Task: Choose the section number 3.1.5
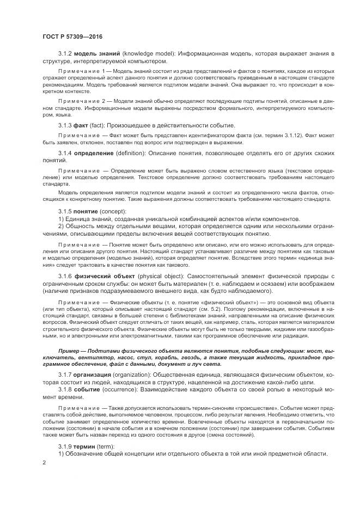click(x=65, y=211)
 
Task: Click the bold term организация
click(x=96, y=375)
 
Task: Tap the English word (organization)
click(x=139, y=375)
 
